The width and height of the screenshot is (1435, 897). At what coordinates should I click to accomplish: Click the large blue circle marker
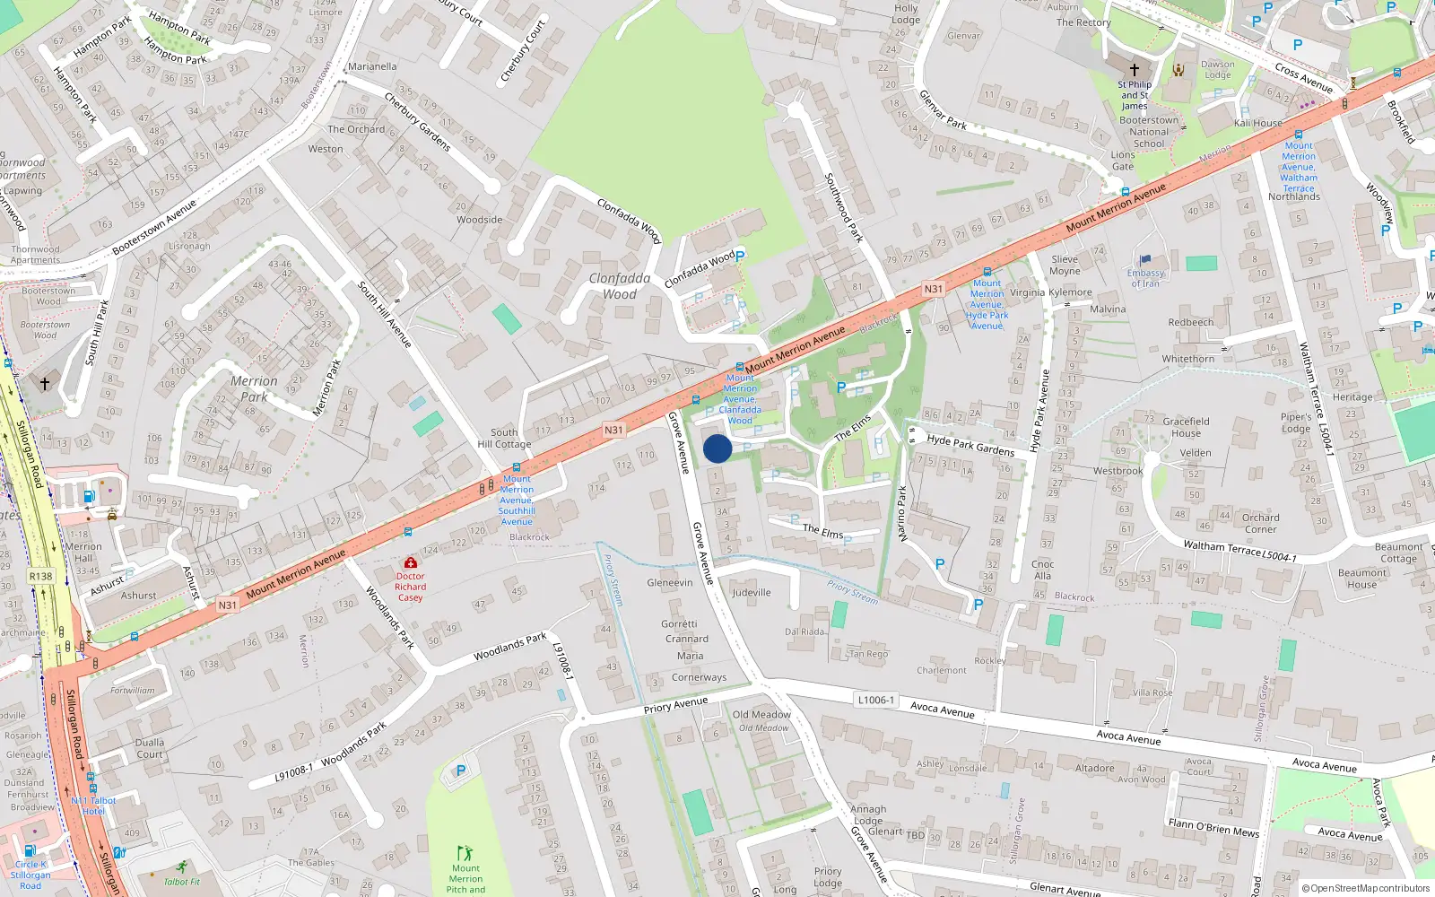[717, 448]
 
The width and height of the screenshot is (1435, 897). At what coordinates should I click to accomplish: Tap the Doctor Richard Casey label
[411, 587]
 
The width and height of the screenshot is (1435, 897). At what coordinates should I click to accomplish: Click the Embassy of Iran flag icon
[1145, 260]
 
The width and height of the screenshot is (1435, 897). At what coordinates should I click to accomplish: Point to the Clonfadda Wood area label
[620, 286]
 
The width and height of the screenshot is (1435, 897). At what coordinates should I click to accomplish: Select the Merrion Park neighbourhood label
[254, 388]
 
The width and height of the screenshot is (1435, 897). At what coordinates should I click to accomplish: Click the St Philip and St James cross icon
[1134, 69]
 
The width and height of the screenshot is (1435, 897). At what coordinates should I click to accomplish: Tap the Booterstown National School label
[1149, 131]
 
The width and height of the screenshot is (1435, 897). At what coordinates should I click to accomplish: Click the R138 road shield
[40, 577]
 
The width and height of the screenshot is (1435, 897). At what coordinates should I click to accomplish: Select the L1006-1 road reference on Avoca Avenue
[875, 700]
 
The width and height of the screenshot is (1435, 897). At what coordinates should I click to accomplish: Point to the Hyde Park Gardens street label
[970, 445]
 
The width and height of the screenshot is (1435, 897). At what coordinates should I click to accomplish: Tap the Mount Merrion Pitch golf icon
[465, 852]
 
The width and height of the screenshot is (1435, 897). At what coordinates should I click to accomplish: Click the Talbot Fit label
[182, 882]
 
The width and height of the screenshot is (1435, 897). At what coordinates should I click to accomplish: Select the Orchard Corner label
[1260, 523]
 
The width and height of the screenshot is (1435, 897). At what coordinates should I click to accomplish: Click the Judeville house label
[751, 592]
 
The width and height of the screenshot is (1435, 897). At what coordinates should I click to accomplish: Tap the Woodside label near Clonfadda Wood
[479, 220]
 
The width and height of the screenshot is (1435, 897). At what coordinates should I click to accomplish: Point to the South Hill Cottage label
[504, 438]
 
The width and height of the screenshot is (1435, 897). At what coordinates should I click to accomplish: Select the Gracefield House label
[1186, 427]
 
